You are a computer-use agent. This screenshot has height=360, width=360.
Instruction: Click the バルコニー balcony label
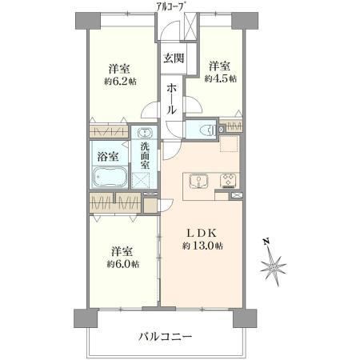coord(165,337)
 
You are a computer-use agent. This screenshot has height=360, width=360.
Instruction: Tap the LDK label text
coord(202,234)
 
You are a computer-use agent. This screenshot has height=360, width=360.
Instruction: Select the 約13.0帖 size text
coord(202,246)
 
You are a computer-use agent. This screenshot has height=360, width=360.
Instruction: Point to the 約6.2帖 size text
coord(120,81)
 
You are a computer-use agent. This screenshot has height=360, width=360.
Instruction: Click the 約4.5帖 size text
coord(221,78)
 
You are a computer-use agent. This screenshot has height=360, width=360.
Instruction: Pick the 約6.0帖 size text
coord(123,264)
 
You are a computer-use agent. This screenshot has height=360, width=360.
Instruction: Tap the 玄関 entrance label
coord(174,58)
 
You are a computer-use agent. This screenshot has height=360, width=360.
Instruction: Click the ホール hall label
coord(171,98)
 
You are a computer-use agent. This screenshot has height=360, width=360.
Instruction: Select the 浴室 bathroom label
coord(108,157)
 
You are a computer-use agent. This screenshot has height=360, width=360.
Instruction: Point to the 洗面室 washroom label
coord(145,155)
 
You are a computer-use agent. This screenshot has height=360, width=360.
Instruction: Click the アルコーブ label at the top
coord(170,6)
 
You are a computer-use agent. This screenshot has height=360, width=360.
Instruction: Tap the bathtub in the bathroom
coord(110,177)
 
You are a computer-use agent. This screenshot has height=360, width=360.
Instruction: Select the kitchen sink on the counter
coord(198,181)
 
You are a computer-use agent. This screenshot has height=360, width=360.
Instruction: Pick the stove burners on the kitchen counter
coord(228,180)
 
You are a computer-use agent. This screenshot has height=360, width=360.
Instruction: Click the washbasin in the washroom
coord(145,132)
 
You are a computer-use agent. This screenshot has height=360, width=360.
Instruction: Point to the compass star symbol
coord(274,266)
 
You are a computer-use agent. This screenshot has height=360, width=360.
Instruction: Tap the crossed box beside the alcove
coord(191,26)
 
